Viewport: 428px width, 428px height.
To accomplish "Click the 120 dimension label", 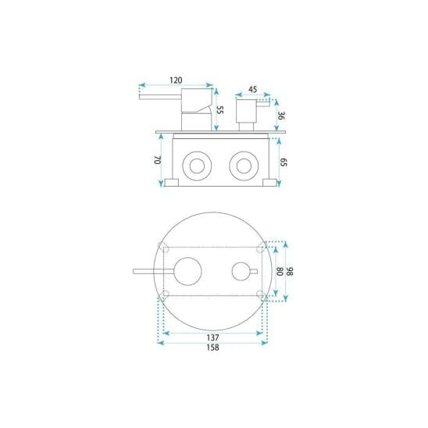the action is tap(176, 80).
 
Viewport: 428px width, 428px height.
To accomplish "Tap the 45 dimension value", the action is tap(253, 89).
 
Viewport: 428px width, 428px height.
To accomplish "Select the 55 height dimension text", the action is tap(220, 110).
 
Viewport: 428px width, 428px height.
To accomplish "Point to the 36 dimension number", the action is tap(281, 116).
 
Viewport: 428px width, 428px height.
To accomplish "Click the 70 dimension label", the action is tap(158, 160).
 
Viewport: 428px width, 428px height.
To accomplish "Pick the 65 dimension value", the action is tap(284, 162).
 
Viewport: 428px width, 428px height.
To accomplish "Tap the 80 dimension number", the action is tap(280, 271).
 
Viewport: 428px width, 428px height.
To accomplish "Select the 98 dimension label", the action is tap(290, 271).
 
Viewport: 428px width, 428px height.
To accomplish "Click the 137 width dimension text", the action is tap(212, 337).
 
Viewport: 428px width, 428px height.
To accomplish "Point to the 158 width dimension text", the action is tap(212, 348).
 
